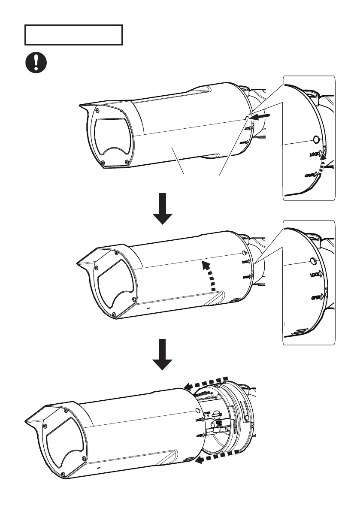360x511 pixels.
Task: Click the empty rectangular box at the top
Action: coord(74,35)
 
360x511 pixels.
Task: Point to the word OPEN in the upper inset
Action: coord(311,175)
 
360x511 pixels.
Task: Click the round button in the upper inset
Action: coord(316,139)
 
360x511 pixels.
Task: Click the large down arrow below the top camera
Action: coord(163,209)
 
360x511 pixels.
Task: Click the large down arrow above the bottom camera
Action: coord(163,354)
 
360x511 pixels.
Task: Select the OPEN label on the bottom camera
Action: coord(200,435)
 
